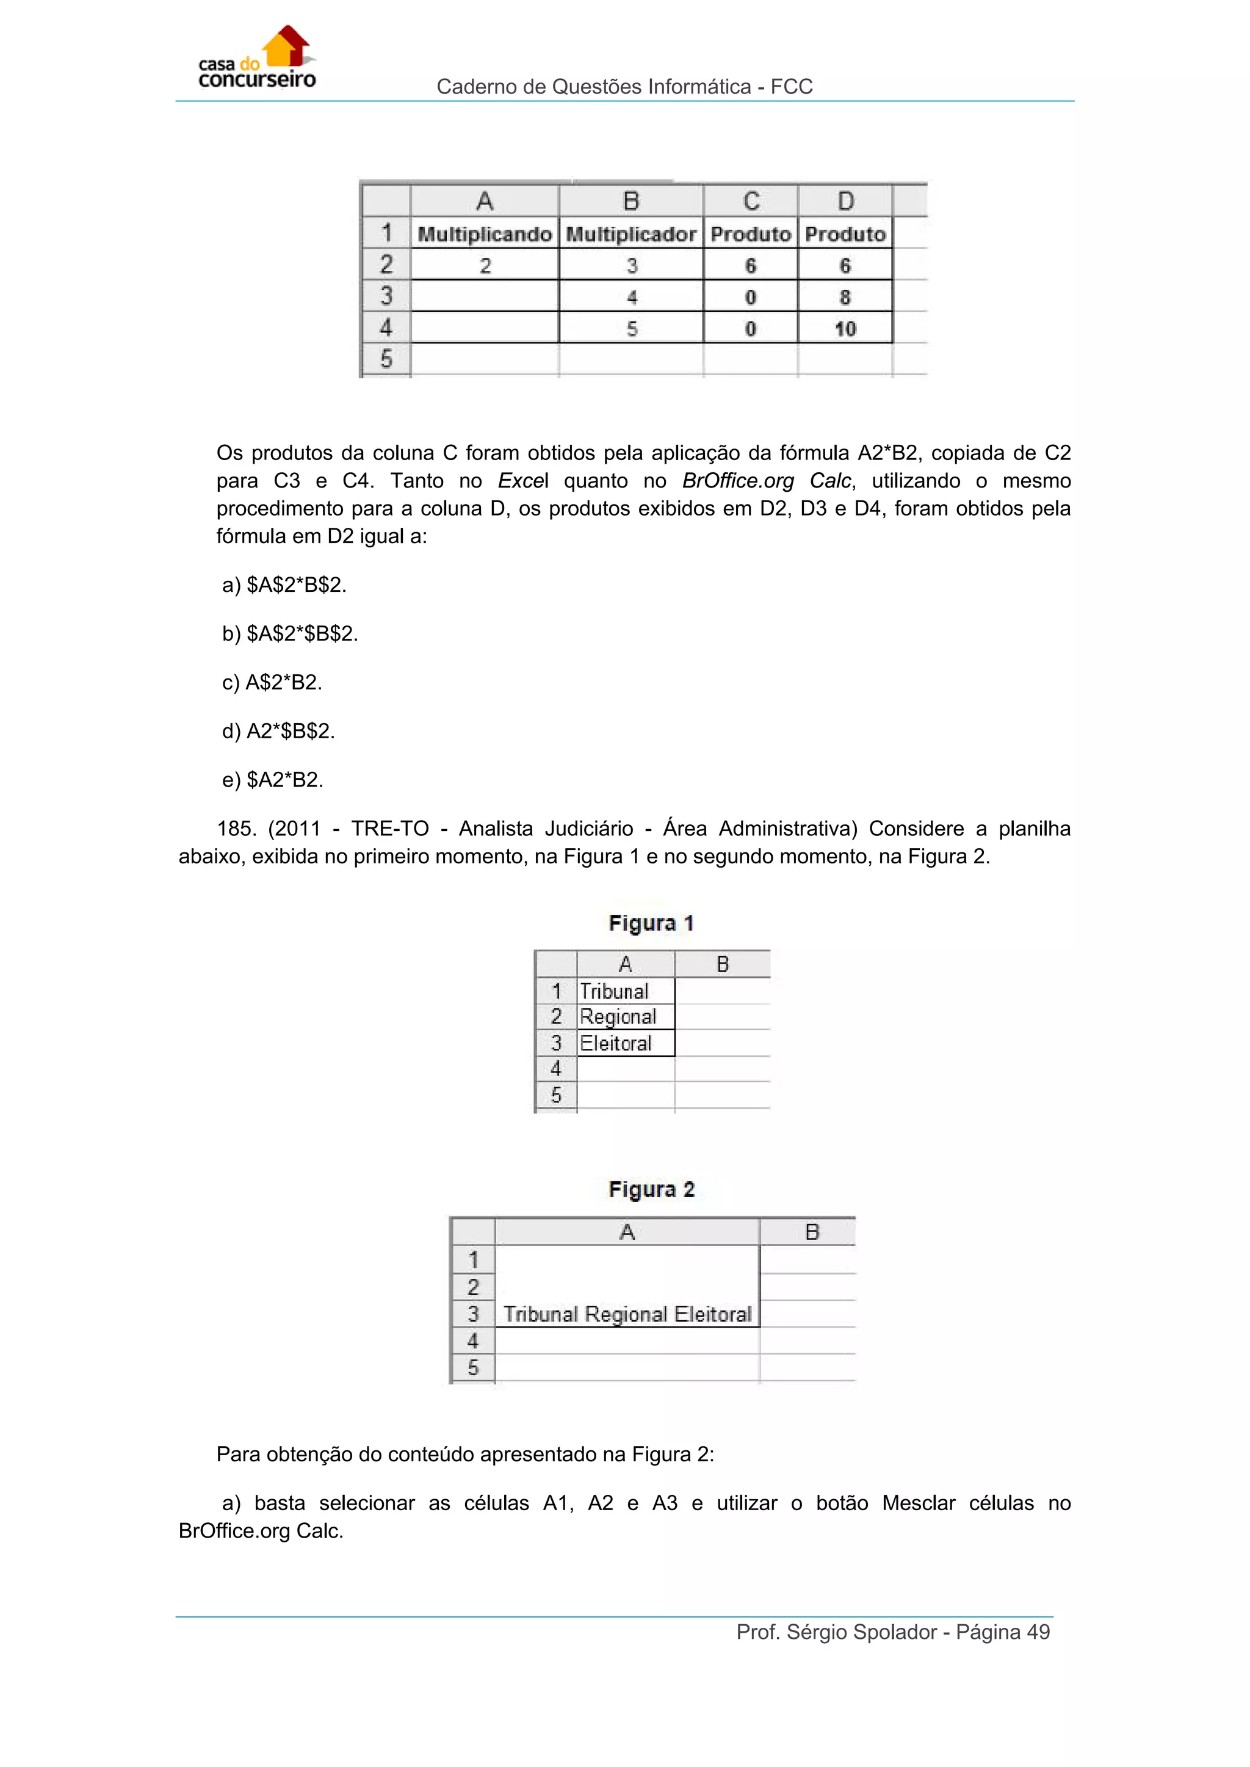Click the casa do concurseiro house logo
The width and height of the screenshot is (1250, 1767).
tap(257, 58)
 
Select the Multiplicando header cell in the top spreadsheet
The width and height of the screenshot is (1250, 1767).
tap(484, 234)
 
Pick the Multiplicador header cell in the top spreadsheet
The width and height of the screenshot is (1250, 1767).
tap(630, 234)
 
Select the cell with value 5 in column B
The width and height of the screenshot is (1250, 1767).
tap(631, 329)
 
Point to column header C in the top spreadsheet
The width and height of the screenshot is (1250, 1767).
tap(751, 201)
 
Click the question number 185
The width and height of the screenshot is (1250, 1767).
tap(236, 829)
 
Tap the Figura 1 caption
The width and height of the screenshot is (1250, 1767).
tap(651, 924)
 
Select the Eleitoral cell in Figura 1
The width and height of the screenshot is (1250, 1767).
tap(616, 1043)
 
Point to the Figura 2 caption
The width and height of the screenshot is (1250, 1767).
tap(651, 1190)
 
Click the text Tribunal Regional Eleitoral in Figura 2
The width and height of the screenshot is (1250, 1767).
tap(627, 1314)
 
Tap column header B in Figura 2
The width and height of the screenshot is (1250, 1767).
tap(811, 1232)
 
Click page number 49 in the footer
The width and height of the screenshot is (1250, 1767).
tap(1038, 1632)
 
